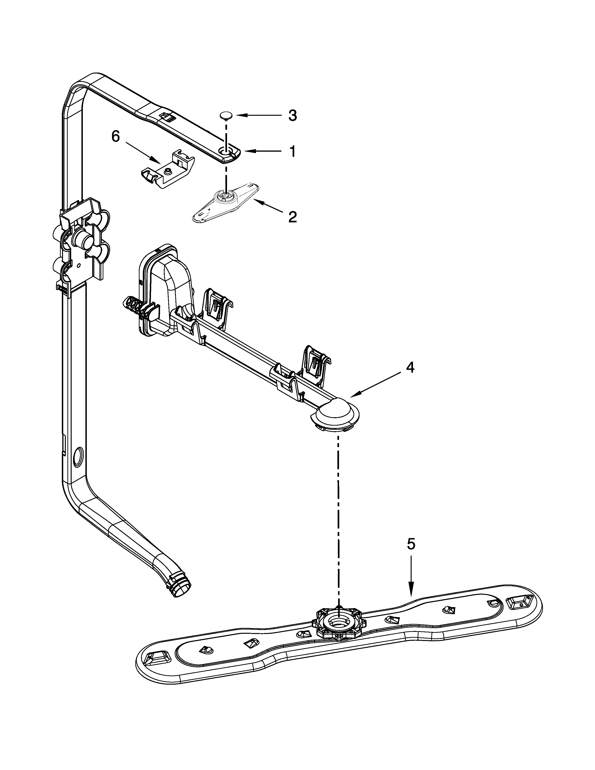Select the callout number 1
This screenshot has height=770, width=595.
[292, 152]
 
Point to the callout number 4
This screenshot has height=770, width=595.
[410, 368]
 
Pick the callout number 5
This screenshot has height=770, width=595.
[411, 544]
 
